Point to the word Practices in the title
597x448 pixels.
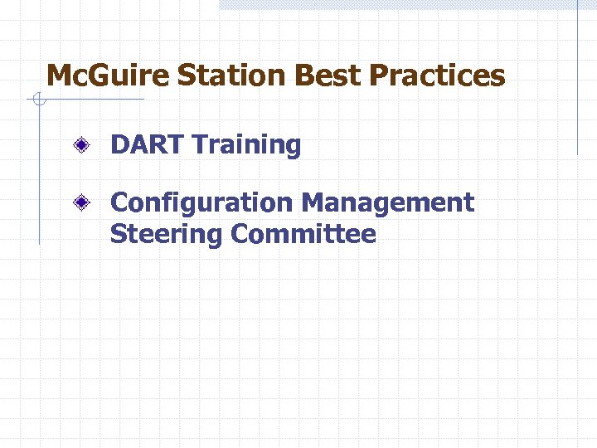click(437, 76)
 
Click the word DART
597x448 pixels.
click(148, 145)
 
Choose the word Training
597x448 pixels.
click(247, 146)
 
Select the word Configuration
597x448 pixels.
click(201, 202)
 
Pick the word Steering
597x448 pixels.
click(167, 236)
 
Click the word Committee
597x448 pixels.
click(303, 235)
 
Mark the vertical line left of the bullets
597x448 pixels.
click(39, 174)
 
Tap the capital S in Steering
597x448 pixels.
click(118, 235)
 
